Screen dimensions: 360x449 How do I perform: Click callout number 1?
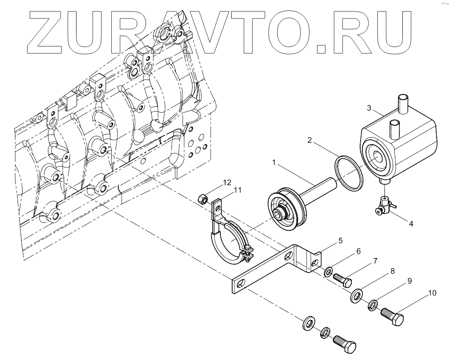pyautogui.click(x=274, y=163)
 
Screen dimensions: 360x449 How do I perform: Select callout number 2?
pyautogui.click(x=310, y=141)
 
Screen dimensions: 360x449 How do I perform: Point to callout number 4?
pyautogui.click(x=411, y=223)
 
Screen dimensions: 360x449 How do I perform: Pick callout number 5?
pyautogui.click(x=340, y=240)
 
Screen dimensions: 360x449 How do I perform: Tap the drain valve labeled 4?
pyautogui.click(x=383, y=205)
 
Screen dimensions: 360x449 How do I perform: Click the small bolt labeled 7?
pyautogui.click(x=342, y=279)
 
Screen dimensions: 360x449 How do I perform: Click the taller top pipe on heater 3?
pyautogui.click(x=403, y=103)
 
